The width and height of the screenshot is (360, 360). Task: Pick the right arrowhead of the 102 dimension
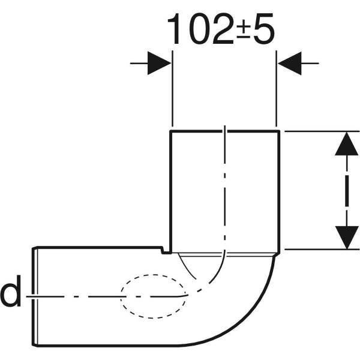pyautogui.click(x=290, y=63)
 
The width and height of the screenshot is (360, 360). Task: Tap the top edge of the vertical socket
pyautogui.click(x=224, y=130)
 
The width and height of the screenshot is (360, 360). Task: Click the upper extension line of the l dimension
pyautogui.click(x=318, y=130)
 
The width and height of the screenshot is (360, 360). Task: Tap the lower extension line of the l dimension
pyautogui.click(x=318, y=249)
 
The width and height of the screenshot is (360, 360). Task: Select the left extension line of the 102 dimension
pyautogui.click(x=172, y=90)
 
